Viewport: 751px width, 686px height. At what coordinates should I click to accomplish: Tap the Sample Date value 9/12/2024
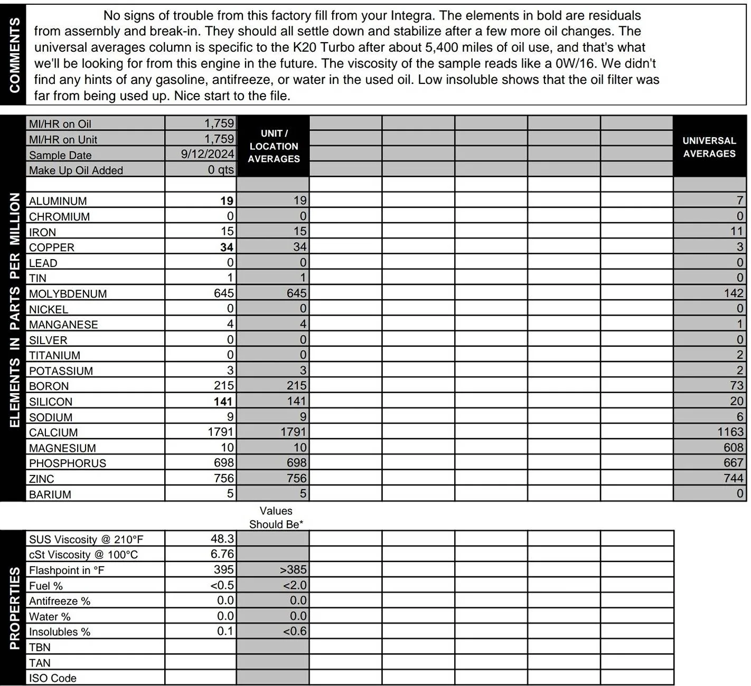tap(207, 154)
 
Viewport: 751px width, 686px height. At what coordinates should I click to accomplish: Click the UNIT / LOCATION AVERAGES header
tap(274, 146)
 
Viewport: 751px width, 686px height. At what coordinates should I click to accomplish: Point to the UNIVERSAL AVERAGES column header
tap(709, 147)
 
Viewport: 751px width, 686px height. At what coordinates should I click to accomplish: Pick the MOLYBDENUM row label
tap(68, 294)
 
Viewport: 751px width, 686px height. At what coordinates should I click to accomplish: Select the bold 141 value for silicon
tap(223, 402)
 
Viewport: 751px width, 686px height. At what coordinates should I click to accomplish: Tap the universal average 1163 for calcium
tap(730, 432)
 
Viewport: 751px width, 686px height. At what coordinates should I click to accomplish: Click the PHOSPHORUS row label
tap(68, 463)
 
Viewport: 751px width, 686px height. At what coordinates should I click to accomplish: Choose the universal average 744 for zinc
tap(734, 478)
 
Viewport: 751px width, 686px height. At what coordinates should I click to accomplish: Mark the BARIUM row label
tap(50, 494)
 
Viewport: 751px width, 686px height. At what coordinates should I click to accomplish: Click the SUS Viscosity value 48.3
tap(222, 539)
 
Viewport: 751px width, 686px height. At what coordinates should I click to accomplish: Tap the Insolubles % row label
tap(60, 632)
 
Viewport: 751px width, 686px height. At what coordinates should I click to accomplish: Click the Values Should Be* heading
tap(276, 517)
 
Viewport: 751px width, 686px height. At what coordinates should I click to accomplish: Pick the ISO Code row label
tap(53, 678)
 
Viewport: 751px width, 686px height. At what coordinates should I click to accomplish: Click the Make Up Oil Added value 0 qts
tap(220, 169)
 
